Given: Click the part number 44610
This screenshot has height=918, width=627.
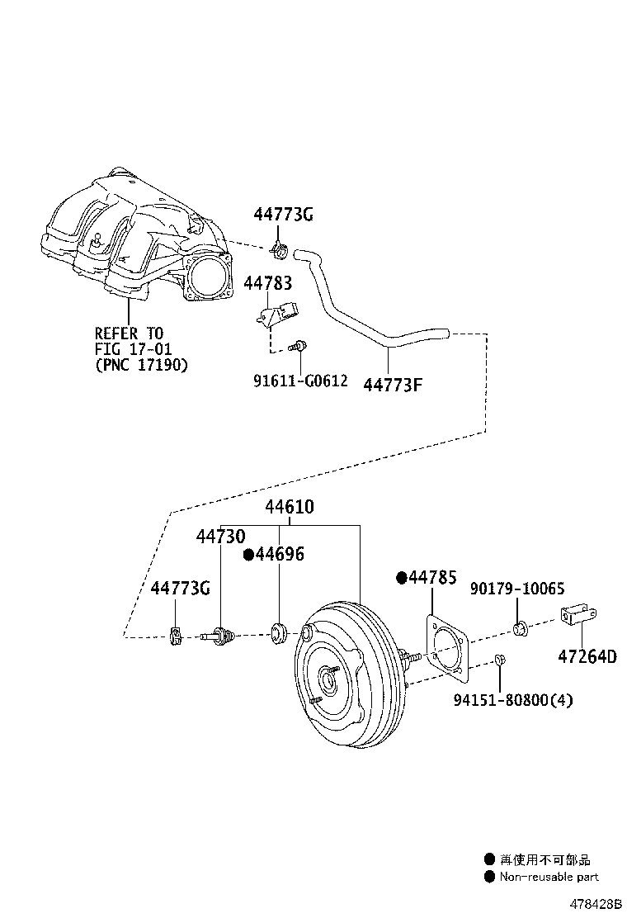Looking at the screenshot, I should coord(289,507).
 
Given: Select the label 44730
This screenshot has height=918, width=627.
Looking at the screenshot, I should coord(220,537).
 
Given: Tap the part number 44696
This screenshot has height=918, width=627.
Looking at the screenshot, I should coord(279,555).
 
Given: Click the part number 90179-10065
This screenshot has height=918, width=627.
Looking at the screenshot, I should coord(517,589).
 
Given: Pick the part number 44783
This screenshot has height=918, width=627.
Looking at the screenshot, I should coord(267,283).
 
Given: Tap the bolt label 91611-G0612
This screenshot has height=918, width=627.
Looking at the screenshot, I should coord(300,381).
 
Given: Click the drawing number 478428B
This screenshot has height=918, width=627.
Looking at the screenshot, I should coord(592,904).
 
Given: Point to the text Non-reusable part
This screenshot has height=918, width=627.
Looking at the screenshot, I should coord(549,877).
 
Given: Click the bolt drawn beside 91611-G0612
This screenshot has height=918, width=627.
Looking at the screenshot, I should coord(300,348).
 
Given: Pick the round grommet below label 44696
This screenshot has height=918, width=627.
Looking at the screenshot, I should coord(278,633).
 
